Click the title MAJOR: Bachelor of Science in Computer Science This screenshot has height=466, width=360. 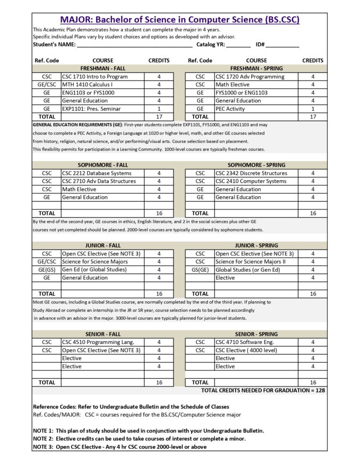click(x=180, y=20)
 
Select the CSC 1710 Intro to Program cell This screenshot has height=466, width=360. click(x=95, y=77)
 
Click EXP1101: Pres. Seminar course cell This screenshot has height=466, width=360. click(x=91, y=108)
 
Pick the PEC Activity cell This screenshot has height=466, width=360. click(x=230, y=108)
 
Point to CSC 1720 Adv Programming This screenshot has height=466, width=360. click(x=250, y=77)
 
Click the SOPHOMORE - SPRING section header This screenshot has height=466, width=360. click(x=256, y=165)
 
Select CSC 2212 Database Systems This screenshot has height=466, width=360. click(x=97, y=173)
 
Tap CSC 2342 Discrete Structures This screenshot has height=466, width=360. click(x=251, y=173)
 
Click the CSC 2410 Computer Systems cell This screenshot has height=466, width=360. click(x=251, y=181)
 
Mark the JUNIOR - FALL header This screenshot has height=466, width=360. click(x=103, y=245)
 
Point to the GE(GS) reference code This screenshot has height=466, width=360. click(x=47, y=269)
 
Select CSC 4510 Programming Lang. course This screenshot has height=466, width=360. click(x=98, y=342)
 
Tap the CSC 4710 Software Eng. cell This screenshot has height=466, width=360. click(x=244, y=342)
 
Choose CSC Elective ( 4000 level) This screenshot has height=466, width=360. click(x=246, y=350)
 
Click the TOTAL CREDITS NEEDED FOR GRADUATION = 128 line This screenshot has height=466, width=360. click(x=263, y=390)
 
